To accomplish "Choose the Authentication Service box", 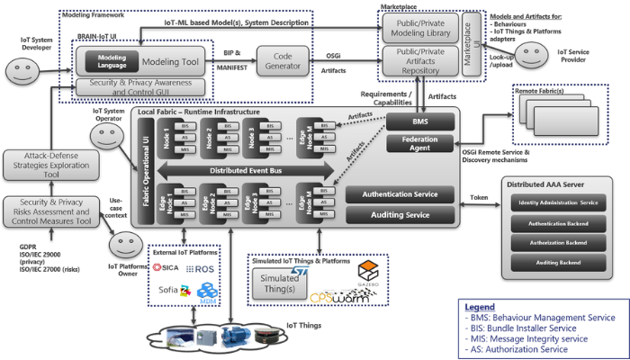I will point(400,194).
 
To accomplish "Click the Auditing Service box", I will point(400,215).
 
